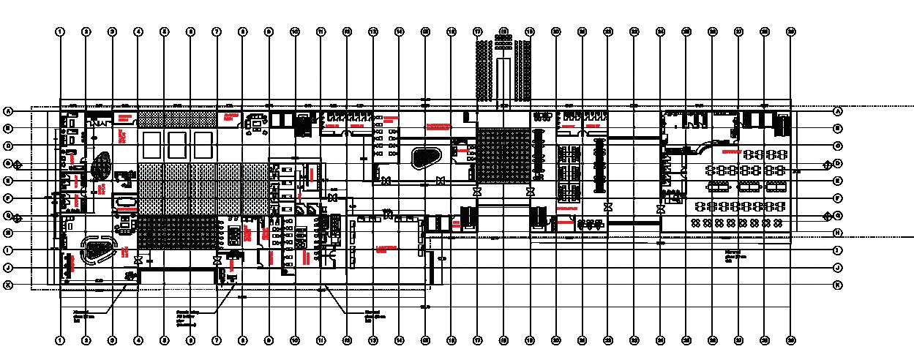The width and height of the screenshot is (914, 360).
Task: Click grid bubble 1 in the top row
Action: coord(60,32)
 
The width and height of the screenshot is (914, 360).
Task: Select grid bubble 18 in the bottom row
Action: coord(503,340)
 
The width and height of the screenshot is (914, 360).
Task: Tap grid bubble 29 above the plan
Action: coord(790,32)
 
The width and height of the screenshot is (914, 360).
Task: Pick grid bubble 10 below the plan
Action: coord(295,340)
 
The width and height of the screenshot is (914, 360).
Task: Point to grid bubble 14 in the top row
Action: coord(399,32)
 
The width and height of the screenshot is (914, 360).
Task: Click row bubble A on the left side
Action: coord(9,112)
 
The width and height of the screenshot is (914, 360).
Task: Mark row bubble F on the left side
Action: coord(9,198)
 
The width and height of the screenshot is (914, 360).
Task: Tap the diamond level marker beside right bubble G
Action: coord(827,216)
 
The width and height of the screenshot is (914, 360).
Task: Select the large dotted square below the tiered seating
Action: coord(503,157)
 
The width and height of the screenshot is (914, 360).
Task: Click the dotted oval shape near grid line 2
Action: coord(100,164)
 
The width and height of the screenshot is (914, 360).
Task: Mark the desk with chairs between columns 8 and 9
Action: coord(258,124)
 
